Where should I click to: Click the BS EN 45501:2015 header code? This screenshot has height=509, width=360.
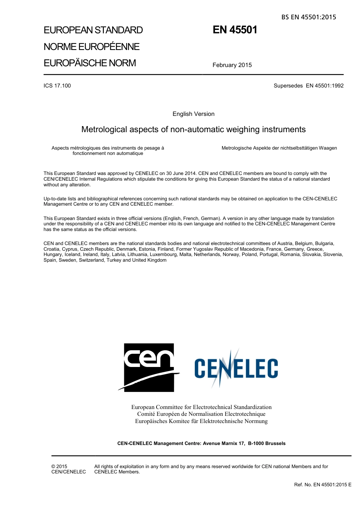pos(308,17)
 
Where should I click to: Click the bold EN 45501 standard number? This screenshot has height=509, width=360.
pos(235,30)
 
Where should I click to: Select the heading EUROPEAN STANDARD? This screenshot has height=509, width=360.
pos(93,30)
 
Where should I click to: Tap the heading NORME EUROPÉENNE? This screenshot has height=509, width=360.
pos(92,47)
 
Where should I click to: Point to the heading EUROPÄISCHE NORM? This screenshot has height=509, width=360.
pos(90,63)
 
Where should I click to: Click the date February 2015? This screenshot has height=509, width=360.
pos(232,65)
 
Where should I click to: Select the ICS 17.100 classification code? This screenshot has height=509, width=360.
pos(57,86)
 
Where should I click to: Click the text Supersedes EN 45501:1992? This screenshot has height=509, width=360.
pos(308,86)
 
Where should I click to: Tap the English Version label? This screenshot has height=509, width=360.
pos(193,114)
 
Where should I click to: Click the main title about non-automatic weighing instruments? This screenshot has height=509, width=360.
pos(193,130)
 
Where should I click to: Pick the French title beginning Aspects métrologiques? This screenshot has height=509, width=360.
pos(108,151)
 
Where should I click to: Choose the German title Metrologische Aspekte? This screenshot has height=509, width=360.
pos(279,148)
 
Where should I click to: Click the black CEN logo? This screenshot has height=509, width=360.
pos(149,367)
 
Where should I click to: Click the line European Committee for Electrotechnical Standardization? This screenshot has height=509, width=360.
pos(201,407)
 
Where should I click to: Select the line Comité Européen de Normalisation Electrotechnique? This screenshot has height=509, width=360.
pos(201,414)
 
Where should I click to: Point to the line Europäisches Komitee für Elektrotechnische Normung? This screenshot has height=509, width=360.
pos(201,421)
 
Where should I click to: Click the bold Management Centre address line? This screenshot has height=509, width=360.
pos(201,443)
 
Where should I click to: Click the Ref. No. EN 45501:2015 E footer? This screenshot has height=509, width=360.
pos(322,484)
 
